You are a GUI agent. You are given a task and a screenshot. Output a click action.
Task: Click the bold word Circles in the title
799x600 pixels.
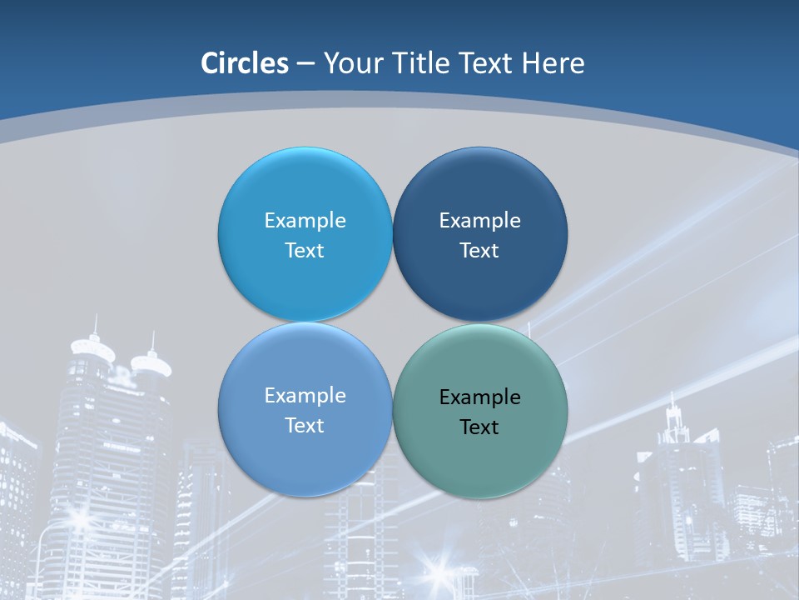244,63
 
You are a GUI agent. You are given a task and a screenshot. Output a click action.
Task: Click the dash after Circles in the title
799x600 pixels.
305,64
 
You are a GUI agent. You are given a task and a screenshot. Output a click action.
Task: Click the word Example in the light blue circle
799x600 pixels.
305,220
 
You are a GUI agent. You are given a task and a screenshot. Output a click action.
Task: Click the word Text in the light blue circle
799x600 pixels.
305,250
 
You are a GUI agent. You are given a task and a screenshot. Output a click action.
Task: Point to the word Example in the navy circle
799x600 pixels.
479,220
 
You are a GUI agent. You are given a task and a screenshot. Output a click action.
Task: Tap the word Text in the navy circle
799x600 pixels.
479,250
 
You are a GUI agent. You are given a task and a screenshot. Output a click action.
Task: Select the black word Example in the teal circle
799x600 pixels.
479,397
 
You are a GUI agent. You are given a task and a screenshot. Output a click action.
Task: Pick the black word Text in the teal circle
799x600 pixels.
479,427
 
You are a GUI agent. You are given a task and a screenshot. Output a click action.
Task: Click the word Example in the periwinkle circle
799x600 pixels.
305,395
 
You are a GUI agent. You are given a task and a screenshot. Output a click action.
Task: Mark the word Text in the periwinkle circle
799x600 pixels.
305,425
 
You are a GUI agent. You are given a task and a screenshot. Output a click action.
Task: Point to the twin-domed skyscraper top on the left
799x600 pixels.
121,354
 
